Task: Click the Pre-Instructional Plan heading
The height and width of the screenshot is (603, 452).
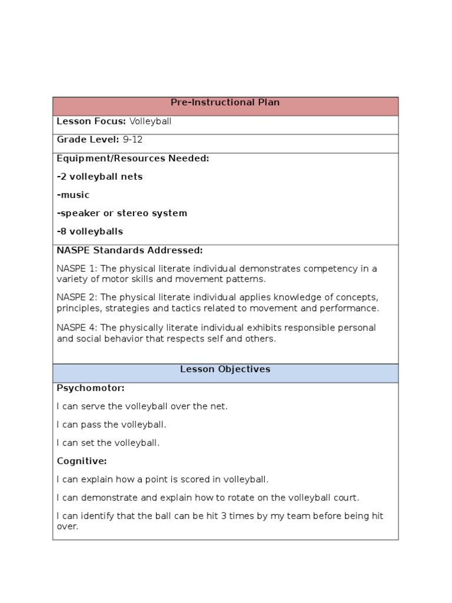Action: (225, 102)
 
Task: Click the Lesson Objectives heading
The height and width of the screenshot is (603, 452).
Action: (225, 369)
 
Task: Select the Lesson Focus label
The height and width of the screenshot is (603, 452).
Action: (91, 122)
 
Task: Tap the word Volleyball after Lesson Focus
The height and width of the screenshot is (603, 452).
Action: (150, 122)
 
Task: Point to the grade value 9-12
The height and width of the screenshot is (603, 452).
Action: (132, 140)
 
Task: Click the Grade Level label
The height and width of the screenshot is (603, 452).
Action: (88, 140)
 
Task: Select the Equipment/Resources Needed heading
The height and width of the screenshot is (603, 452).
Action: (132, 158)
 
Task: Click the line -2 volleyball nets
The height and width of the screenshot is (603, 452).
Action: (99, 177)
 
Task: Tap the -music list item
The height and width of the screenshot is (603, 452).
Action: (73, 195)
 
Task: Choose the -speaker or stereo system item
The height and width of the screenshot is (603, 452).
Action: (122, 213)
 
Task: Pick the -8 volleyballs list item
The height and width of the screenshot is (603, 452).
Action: (90, 231)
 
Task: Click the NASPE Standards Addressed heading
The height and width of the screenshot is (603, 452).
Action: (129, 250)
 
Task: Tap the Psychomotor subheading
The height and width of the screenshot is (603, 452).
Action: (91, 388)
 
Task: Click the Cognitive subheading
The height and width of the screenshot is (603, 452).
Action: (82, 461)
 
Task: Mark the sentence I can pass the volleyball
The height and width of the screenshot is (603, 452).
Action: (111, 425)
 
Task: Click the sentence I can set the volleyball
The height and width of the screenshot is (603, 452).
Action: (108, 443)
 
